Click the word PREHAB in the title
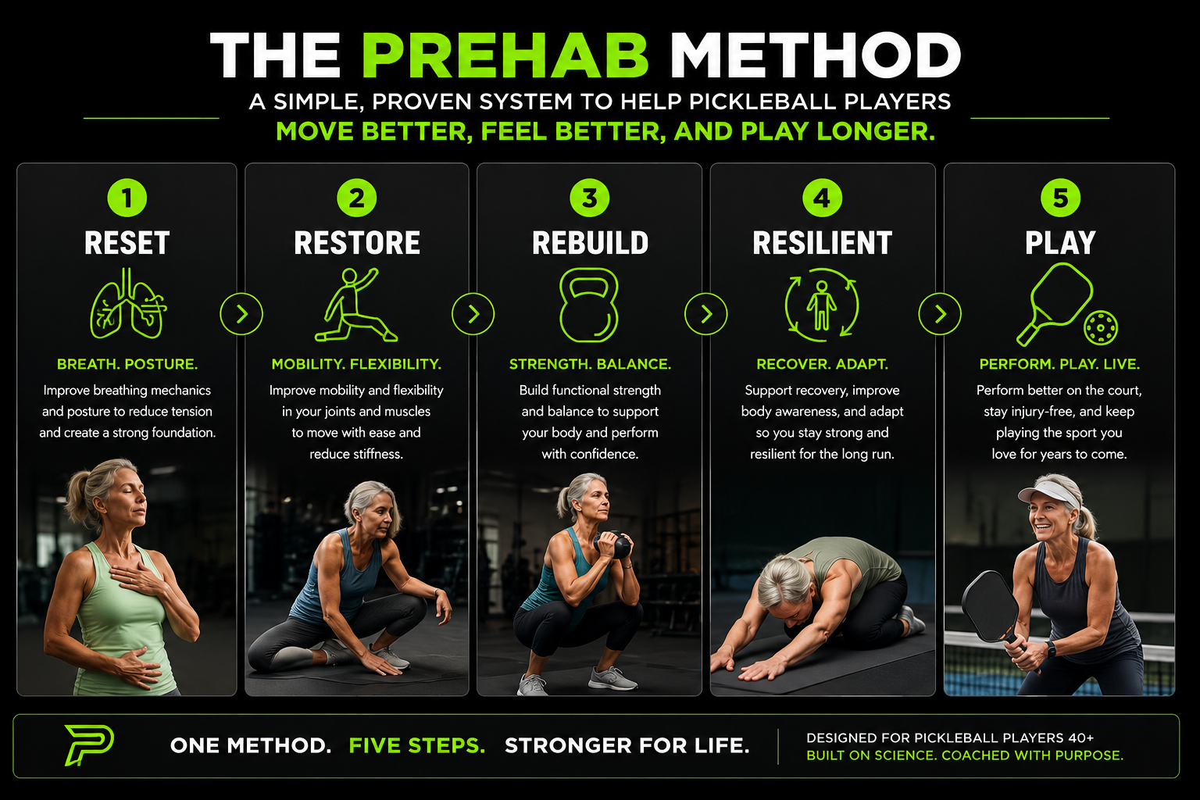point(505,55)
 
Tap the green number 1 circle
point(127,198)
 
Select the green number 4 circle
point(822,198)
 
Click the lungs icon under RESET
point(128,303)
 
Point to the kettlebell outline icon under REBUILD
point(589,305)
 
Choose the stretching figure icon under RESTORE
point(355,305)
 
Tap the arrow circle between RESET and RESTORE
point(241,314)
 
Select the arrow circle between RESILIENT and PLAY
point(940,314)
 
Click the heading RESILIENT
point(823,243)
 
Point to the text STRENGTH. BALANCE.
point(590,364)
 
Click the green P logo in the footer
point(89,745)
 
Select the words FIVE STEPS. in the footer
point(416,745)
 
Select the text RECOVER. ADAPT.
point(823,364)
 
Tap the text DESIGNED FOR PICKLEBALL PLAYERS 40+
point(950,737)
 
